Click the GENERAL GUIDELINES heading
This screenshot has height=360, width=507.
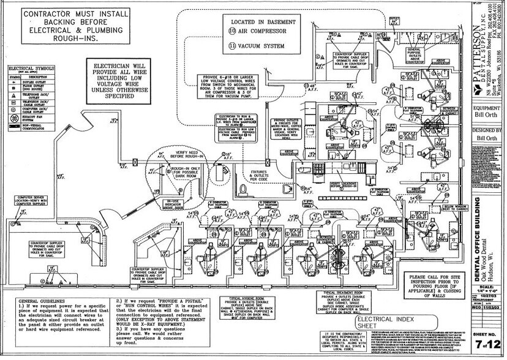pyautogui.click(x=40, y=301)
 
